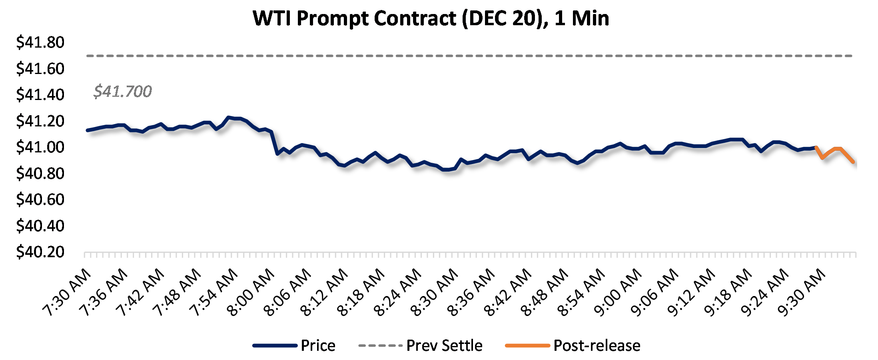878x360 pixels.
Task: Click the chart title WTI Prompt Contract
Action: pyautogui.click(x=431, y=18)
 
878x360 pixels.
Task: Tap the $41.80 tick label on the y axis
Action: pyautogui.click(x=40, y=42)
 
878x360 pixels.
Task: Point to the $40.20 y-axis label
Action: pyautogui.click(x=40, y=252)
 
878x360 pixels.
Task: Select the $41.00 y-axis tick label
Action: pyautogui.click(x=40, y=147)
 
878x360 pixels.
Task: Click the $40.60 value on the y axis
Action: pyautogui.click(x=40, y=200)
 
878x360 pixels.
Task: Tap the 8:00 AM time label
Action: pyautogui.click(x=251, y=293)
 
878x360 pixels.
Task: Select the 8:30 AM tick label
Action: pyautogui.click(x=434, y=293)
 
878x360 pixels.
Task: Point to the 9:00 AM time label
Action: pyautogui.click(x=618, y=293)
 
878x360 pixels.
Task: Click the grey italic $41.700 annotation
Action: pyautogui.click(x=123, y=92)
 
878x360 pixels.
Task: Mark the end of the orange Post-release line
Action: pyautogui.click(x=854, y=162)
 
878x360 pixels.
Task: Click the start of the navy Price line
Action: pyautogui.click(x=88, y=130)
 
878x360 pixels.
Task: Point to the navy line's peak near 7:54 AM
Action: pyautogui.click(x=228, y=117)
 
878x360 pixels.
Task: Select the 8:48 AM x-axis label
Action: pyautogui.click(x=544, y=293)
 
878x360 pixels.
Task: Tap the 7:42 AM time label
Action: pyautogui.click(x=140, y=293)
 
